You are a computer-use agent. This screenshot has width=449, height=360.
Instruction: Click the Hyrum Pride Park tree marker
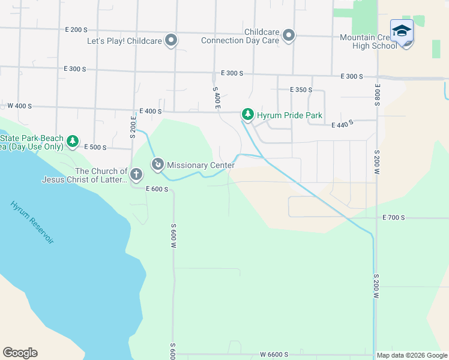pyautogui.click(x=247, y=114)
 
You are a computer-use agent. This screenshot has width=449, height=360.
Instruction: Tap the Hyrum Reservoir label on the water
pyautogui.click(x=32, y=222)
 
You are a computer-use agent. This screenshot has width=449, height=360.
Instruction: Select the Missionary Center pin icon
pyautogui.click(x=158, y=164)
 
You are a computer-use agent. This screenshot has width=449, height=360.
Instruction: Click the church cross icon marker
pyautogui.click(x=136, y=175)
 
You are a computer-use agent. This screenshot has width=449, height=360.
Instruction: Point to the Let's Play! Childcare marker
pyautogui.click(x=171, y=41)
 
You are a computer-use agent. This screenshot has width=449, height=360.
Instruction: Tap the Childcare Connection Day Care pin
pyautogui.click(x=289, y=35)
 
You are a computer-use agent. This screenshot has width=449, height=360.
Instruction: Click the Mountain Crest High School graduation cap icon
pyautogui.click(x=402, y=31)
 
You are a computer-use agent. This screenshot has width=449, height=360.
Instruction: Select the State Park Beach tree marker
pyautogui.click(x=73, y=142)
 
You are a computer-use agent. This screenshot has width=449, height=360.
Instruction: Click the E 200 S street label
pyautogui.click(x=76, y=29)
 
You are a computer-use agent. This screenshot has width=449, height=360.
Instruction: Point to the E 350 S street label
pyautogui.click(x=301, y=90)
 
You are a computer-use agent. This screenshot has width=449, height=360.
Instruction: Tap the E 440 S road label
pyautogui.click(x=342, y=124)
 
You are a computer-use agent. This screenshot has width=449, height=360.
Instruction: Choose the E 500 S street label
pyautogui.click(x=95, y=147)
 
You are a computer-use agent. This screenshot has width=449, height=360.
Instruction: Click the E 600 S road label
pyautogui.click(x=156, y=189)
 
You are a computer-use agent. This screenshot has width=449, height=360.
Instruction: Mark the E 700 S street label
pyautogui.click(x=394, y=217)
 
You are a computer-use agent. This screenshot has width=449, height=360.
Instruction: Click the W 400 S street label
pyautogui.click(x=19, y=106)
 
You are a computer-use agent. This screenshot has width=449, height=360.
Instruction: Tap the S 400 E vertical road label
pyautogui.click(x=217, y=97)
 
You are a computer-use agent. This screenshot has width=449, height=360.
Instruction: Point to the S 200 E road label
pyautogui.click(x=132, y=127)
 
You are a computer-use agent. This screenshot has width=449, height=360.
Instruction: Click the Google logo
pyautogui.click(x=20, y=353)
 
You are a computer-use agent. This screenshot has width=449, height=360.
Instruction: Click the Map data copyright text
pyautogui.click(x=412, y=355)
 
